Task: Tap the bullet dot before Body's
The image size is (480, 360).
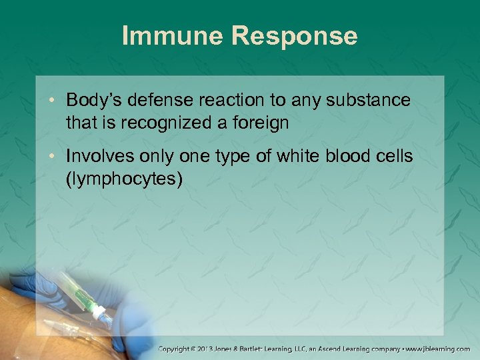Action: point(55,101)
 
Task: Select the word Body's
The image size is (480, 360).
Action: point(95,100)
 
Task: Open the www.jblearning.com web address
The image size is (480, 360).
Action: point(441,349)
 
